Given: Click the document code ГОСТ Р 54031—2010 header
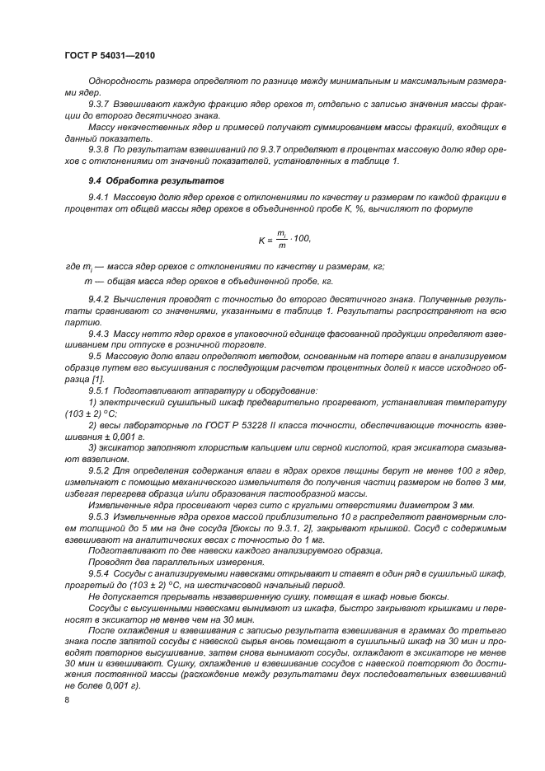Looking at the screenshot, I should [x=110, y=55].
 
